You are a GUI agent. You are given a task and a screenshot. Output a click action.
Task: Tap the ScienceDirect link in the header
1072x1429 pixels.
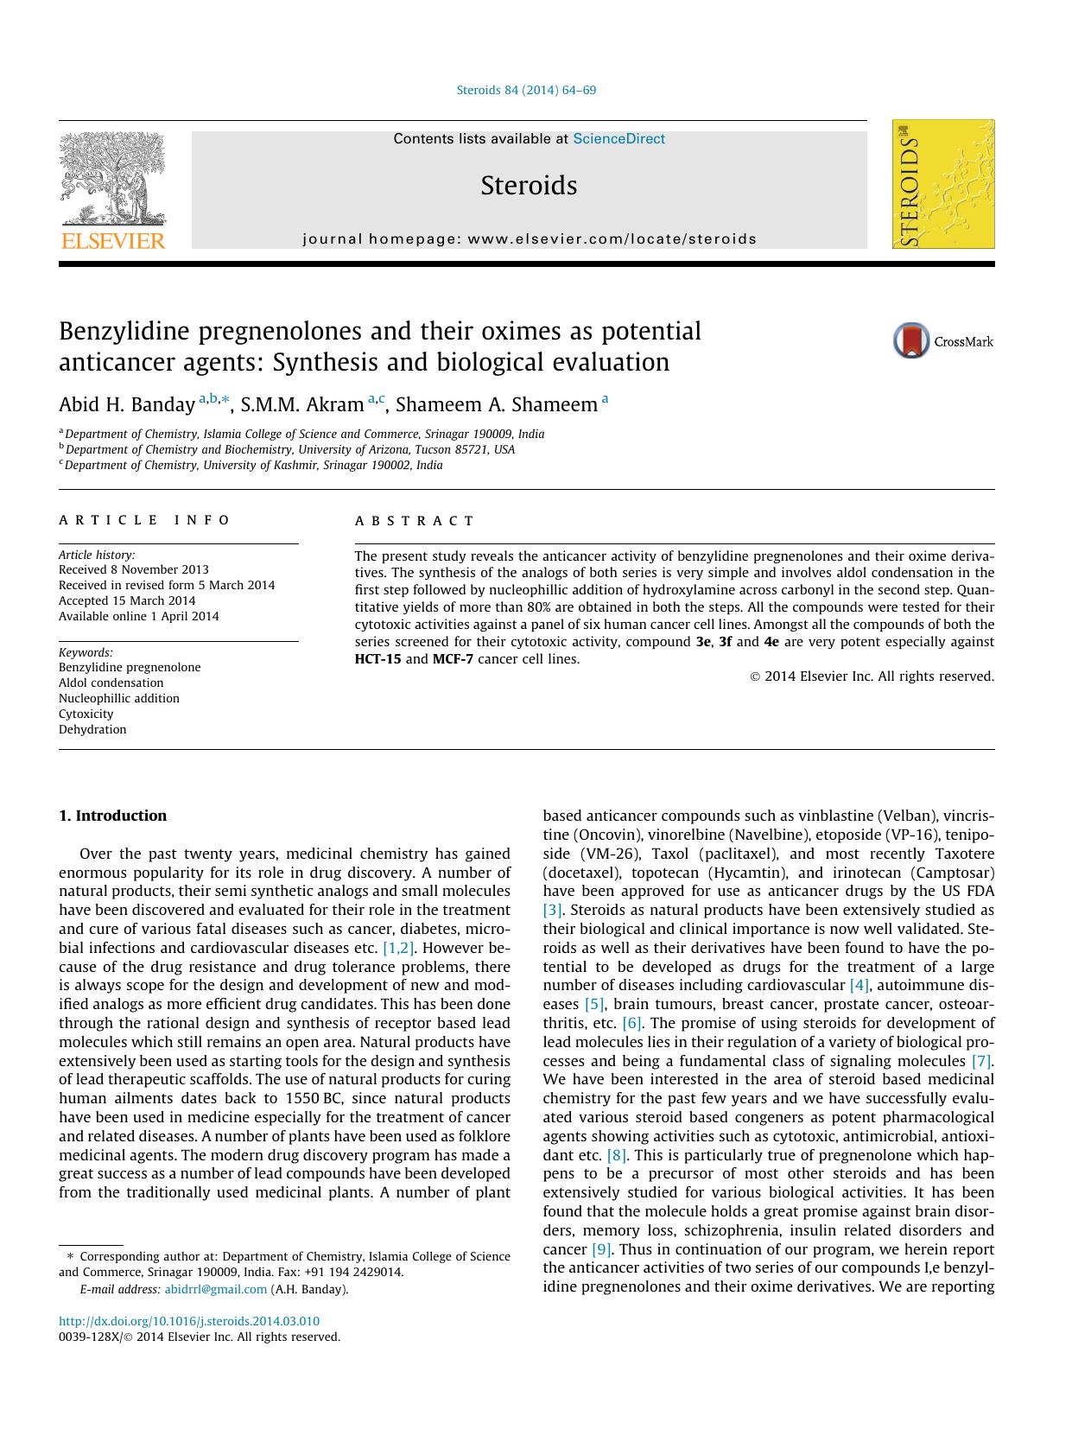point(618,138)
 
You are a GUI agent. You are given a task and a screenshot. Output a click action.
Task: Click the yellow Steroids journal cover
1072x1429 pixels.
point(943,184)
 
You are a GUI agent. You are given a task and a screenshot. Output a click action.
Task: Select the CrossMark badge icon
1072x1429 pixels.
point(911,341)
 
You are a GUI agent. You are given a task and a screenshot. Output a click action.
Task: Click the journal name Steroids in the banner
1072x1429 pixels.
point(529,186)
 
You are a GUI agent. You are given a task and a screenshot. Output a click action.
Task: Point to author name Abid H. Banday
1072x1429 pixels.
point(127,404)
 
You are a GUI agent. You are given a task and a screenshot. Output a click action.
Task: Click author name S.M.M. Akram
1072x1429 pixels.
point(301,404)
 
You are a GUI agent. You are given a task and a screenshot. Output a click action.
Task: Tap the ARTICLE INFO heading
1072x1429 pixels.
point(144,520)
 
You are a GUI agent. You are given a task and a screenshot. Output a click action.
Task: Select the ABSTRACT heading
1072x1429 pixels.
point(415,521)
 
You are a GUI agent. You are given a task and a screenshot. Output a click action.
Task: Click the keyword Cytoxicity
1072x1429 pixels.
point(86,714)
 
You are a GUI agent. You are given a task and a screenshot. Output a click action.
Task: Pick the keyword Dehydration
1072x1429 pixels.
point(92,729)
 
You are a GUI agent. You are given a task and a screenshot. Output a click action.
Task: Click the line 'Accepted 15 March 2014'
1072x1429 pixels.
point(127,600)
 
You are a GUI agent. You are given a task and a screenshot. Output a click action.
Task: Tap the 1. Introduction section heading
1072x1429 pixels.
point(112,816)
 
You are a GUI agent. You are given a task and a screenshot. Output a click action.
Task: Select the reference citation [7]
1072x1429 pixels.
point(981,1061)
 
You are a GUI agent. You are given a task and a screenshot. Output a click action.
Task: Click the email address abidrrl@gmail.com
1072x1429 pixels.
point(216,1289)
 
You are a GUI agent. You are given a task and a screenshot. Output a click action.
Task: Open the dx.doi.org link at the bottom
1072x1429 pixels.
point(189,1321)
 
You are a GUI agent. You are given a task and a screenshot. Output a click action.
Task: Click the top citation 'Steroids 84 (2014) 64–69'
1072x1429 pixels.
point(526,90)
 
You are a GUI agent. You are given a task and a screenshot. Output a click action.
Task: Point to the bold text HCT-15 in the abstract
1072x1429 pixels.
point(377,659)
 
